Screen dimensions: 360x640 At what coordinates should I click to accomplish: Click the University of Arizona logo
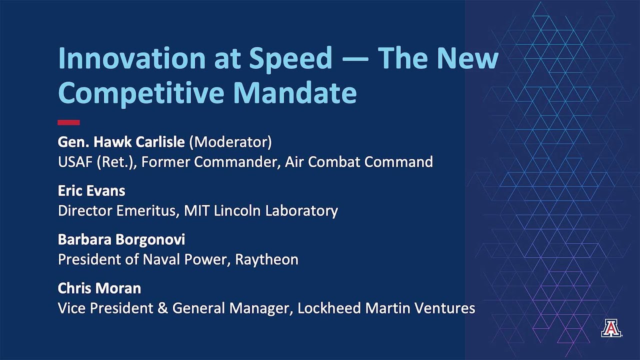click(x=611, y=328)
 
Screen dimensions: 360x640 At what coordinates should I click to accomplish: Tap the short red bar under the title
click(x=68, y=122)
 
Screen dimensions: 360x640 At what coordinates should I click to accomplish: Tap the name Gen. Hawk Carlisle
click(x=121, y=142)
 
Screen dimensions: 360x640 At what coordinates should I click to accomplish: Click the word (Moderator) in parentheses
click(x=230, y=142)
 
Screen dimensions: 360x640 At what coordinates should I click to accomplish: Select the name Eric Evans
click(x=91, y=191)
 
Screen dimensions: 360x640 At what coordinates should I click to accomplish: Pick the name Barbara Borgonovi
click(x=121, y=239)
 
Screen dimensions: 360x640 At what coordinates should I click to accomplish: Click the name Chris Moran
click(x=99, y=288)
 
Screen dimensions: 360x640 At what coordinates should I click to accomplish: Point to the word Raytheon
click(x=267, y=259)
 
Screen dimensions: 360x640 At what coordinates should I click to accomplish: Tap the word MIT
click(x=197, y=210)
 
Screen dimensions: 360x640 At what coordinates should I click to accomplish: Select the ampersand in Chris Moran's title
click(x=163, y=308)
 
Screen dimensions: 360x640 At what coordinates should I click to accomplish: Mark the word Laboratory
click(x=301, y=210)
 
